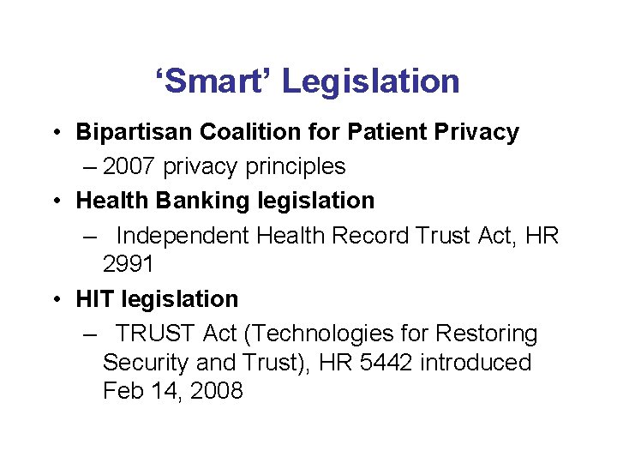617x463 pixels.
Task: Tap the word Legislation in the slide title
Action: click(x=370, y=82)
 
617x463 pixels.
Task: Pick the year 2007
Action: click(x=129, y=166)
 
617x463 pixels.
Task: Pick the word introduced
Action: click(x=476, y=363)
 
